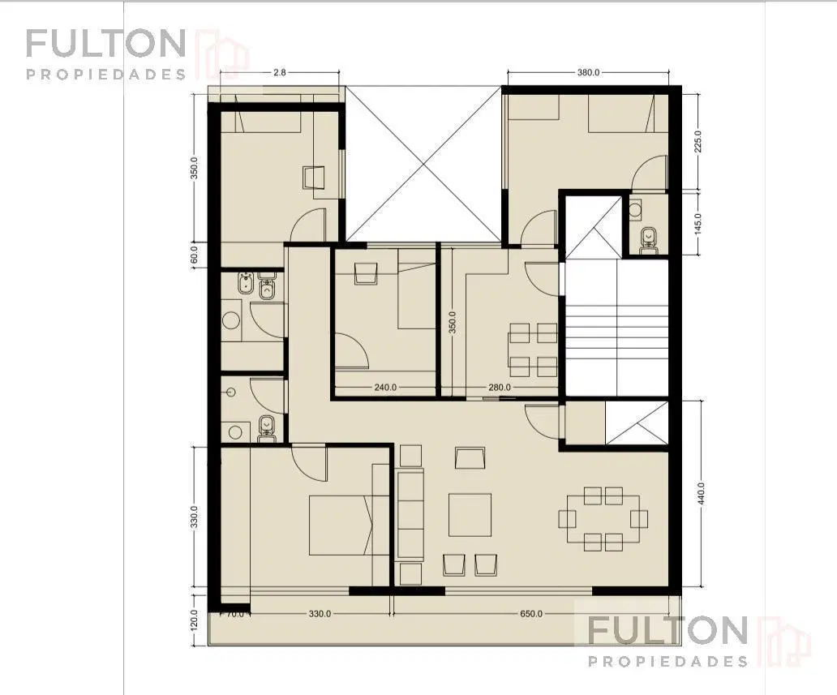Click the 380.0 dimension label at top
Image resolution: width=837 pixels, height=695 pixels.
click(x=588, y=73)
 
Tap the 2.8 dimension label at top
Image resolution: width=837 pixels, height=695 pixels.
click(x=280, y=73)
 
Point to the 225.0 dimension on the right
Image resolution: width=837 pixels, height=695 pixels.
click(x=698, y=141)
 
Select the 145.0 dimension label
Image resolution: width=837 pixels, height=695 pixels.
click(x=698, y=224)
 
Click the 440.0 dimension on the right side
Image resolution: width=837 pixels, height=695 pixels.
click(x=702, y=493)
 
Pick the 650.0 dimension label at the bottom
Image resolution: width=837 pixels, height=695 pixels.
click(x=531, y=614)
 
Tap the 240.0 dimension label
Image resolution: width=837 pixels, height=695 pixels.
click(x=385, y=388)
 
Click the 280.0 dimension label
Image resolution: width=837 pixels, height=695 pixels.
click(x=500, y=388)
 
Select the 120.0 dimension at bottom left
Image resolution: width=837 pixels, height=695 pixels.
click(x=195, y=620)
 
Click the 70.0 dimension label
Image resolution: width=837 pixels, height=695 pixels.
click(x=235, y=614)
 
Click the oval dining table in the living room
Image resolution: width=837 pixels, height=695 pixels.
click(x=603, y=518)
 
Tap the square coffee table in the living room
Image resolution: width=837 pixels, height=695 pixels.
click(x=470, y=515)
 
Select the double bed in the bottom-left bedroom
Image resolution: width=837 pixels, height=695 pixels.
click(x=349, y=526)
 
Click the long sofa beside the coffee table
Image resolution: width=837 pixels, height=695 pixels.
click(x=410, y=515)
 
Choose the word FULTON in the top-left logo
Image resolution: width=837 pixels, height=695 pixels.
click(x=105, y=44)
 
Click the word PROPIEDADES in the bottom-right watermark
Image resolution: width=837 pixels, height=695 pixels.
click(x=667, y=662)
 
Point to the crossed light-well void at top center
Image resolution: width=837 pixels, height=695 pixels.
click(x=424, y=163)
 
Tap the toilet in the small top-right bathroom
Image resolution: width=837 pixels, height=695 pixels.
click(x=649, y=237)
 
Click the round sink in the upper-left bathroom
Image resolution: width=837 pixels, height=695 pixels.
click(x=230, y=321)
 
